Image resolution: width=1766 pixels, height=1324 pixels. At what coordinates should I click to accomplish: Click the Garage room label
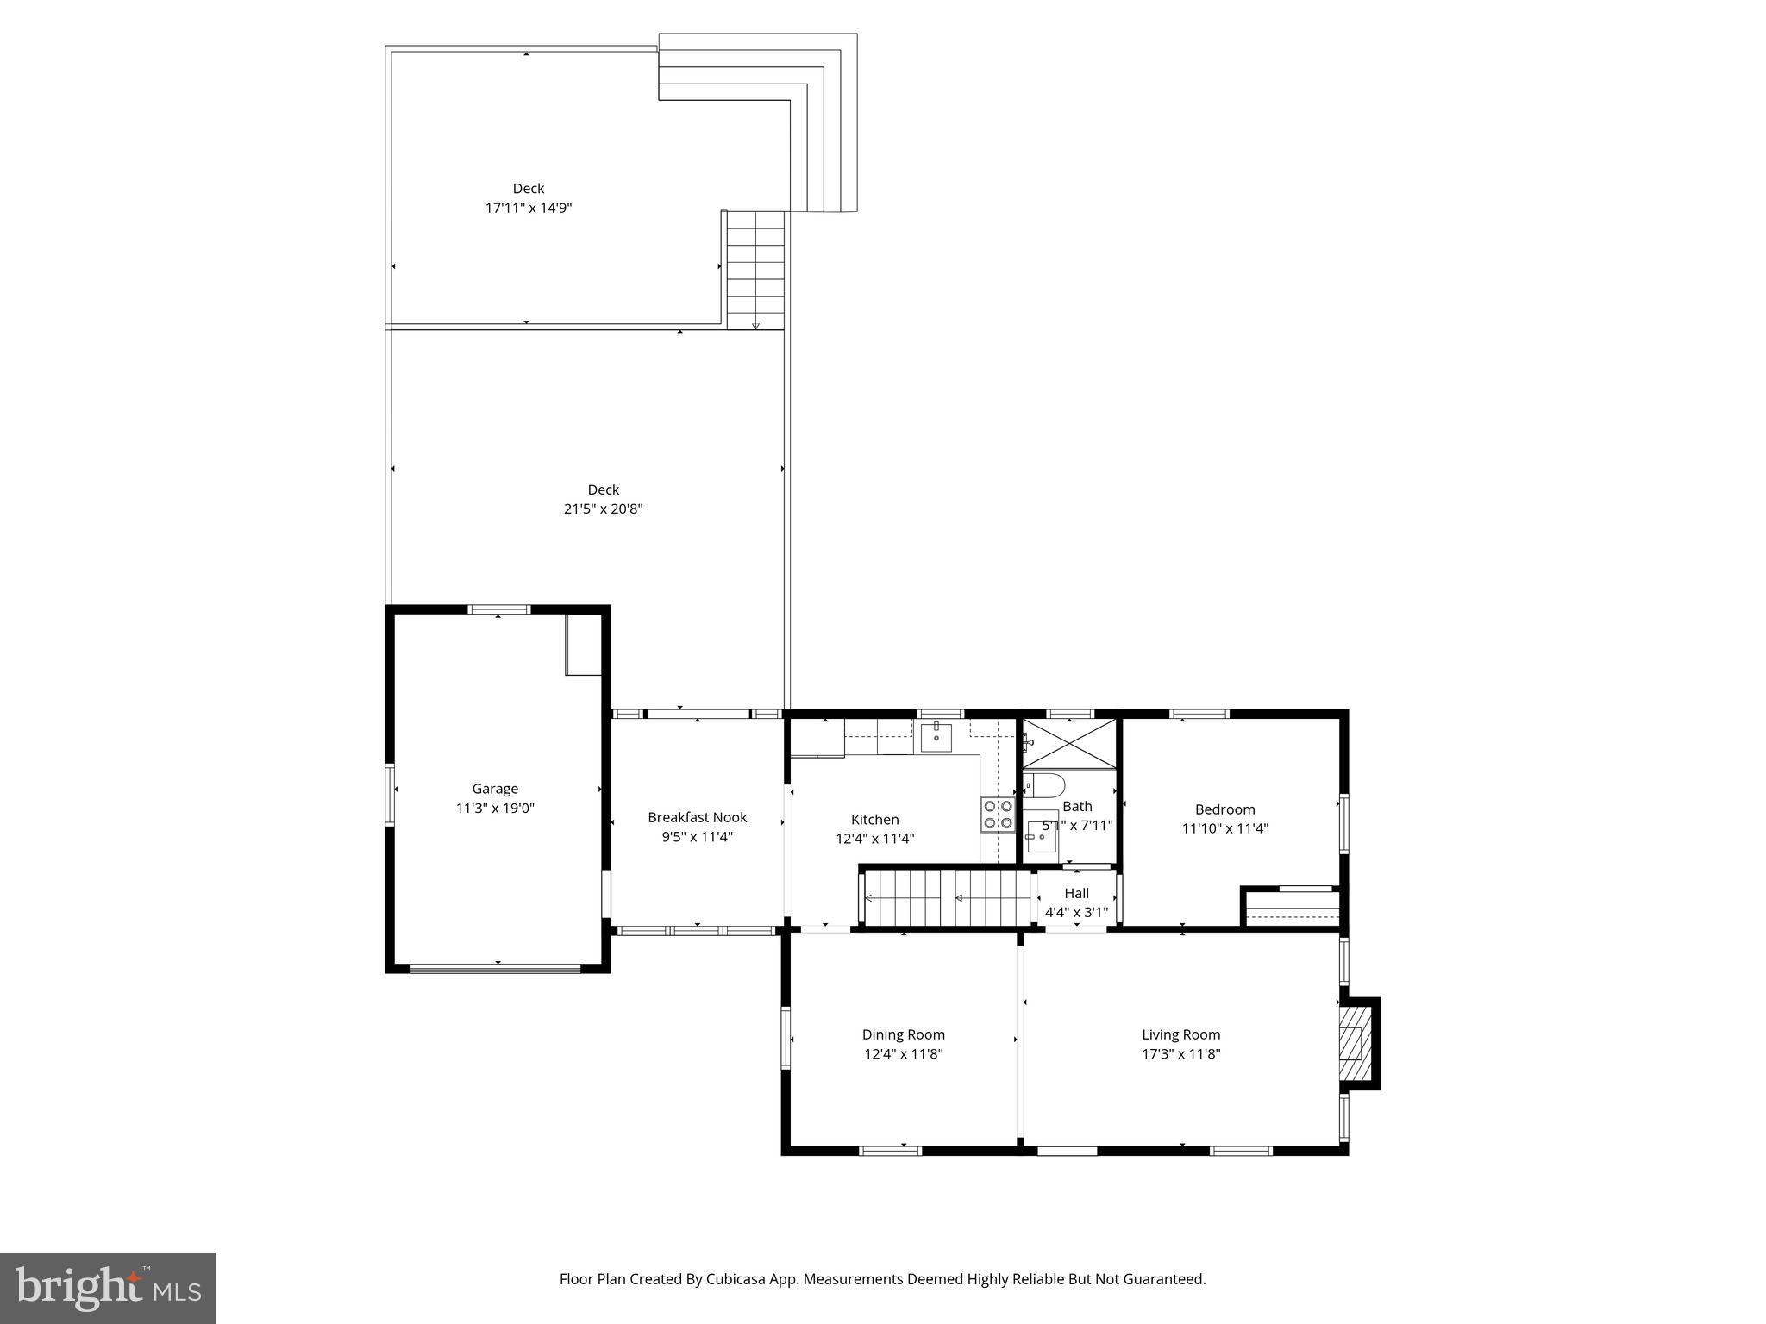495,789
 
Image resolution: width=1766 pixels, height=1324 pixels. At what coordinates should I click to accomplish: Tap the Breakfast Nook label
697,817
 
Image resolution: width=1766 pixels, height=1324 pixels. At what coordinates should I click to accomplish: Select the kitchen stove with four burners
997,815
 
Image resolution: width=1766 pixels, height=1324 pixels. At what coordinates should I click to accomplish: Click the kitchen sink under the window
936,738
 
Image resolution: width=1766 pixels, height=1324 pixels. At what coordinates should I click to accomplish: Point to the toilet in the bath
1044,786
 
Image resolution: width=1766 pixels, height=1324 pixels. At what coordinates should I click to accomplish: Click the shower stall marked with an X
1069,744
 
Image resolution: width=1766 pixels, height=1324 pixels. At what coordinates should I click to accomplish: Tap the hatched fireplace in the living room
1351,1044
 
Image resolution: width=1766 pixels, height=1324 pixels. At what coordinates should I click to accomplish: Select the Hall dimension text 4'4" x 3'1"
1076,912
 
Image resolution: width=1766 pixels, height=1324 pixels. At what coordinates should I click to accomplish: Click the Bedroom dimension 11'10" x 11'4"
1224,828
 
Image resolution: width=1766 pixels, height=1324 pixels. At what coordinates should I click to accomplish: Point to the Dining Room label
903,1034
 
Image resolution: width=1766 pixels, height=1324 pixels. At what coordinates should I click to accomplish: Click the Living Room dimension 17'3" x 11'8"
1180,1053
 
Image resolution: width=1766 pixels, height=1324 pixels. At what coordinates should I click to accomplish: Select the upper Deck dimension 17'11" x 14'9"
528,208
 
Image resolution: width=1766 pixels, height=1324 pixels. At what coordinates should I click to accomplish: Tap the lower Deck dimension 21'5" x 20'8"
603,509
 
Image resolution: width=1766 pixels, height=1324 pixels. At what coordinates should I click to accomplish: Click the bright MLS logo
108,1288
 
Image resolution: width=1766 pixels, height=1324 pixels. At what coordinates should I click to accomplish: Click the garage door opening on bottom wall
495,969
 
